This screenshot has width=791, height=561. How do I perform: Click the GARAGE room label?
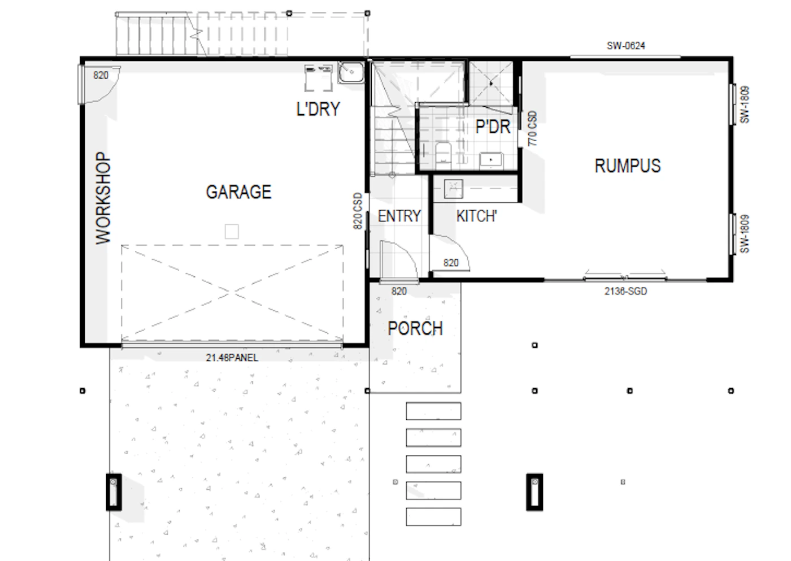click(238, 192)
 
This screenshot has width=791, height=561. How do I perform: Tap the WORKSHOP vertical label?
click(103, 198)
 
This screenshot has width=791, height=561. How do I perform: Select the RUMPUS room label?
click(628, 166)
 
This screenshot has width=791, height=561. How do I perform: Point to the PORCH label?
click(415, 328)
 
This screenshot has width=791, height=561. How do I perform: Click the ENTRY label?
click(399, 216)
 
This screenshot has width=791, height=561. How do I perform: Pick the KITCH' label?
click(477, 216)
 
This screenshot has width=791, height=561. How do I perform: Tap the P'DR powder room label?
click(493, 127)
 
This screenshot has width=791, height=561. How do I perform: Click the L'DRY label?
click(318, 108)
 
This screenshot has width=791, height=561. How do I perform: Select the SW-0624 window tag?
click(626, 46)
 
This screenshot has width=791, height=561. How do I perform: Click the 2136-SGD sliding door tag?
click(626, 292)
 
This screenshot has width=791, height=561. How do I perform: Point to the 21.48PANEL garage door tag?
click(232, 358)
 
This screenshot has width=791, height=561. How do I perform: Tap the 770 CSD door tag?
click(532, 128)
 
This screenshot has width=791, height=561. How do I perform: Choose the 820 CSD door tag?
click(358, 211)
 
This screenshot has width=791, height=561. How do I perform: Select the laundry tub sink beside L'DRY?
click(351, 73)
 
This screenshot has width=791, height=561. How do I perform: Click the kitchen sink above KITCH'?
click(453, 189)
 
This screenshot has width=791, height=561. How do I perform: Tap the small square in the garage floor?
click(232, 232)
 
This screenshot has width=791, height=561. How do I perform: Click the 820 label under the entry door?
click(399, 292)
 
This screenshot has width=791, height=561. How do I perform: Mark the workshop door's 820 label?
click(101, 75)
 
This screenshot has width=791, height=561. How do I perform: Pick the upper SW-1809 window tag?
click(745, 105)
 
